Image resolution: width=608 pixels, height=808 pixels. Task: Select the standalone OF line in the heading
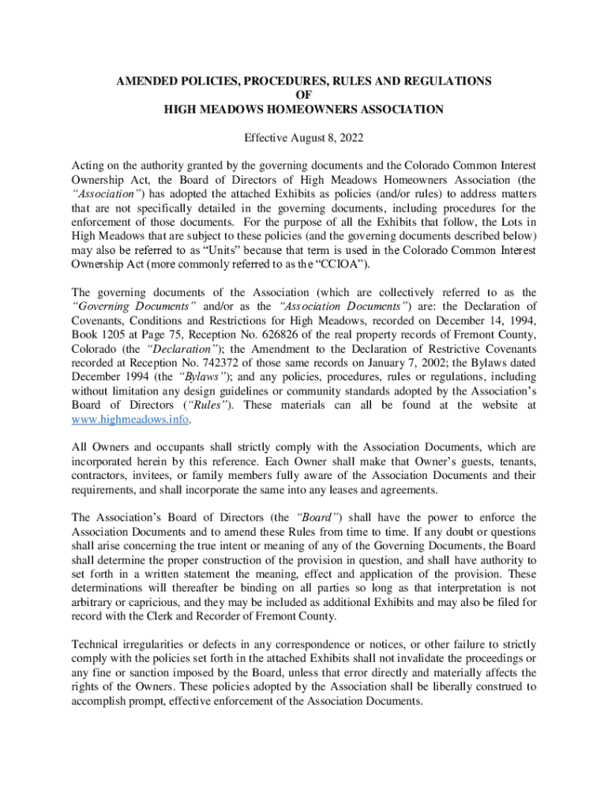point(304,95)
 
